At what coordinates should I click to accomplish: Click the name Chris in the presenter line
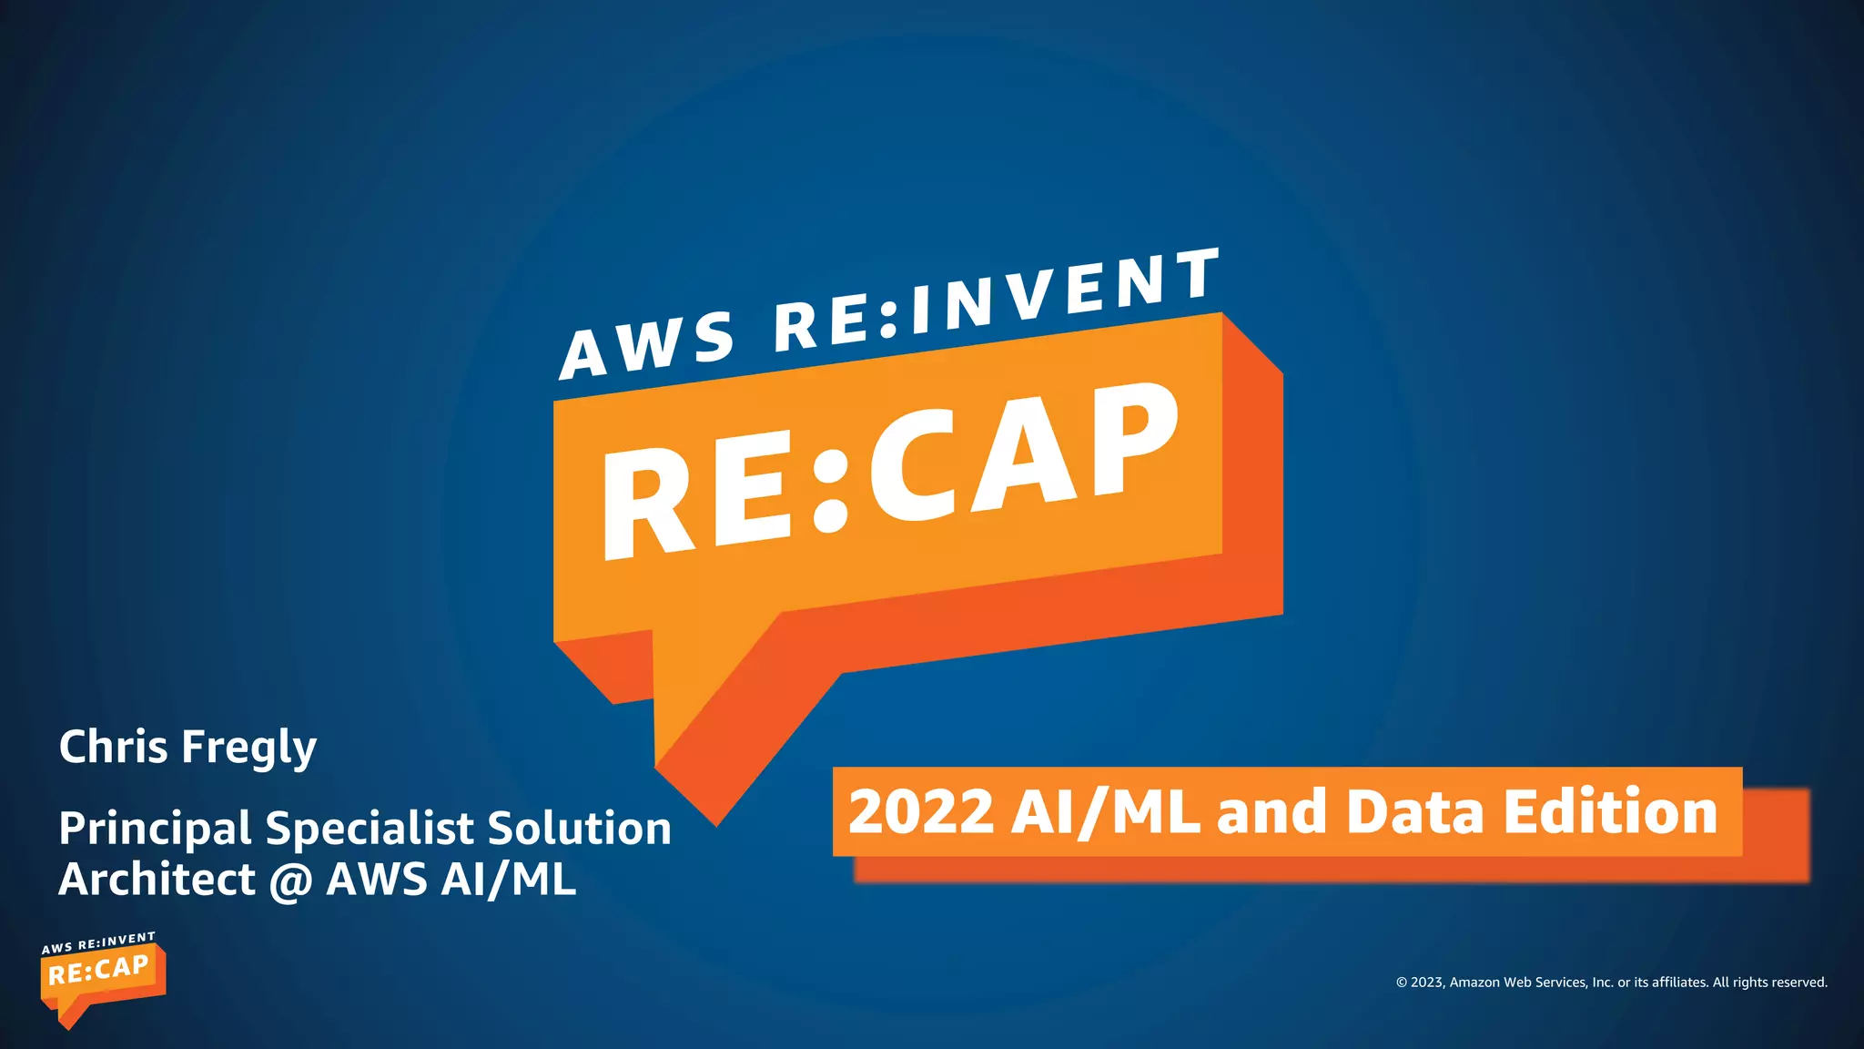pyautogui.click(x=113, y=747)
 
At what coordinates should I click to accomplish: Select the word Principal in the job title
pyautogui.click(x=155, y=830)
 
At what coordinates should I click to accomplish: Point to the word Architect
pyautogui.click(x=157, y=880)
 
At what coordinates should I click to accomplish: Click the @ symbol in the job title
pyautogui.click(x=290, y=881)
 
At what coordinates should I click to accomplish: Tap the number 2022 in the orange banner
pyautogui.click(x=920, y=811)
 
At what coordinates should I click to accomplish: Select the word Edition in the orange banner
pyautogui.click(x=1610, y=811)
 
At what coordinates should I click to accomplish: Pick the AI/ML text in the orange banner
pyautogui.click(x=1105, y=811)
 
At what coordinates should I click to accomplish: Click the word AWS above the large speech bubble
pyautogui.click(x=647, y=345)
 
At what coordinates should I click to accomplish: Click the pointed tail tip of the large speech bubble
pyautogui.click(x=716, y=822)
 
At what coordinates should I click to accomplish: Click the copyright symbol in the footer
pyautogui.click(x=1402, y=983)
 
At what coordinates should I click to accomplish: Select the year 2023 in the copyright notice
pyautogui.click(x=1426, y=983)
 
